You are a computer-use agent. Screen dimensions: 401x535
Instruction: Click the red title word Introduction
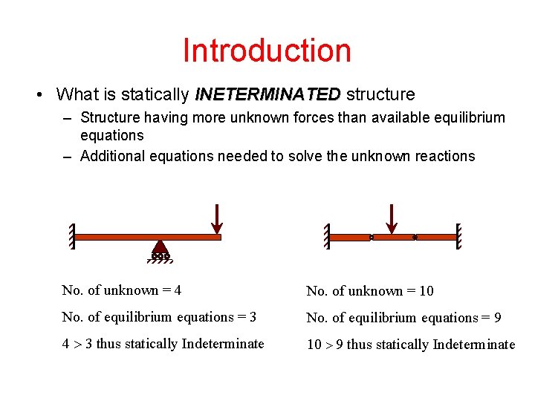[267, 50]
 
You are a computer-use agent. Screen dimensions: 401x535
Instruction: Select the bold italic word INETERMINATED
[267, 94]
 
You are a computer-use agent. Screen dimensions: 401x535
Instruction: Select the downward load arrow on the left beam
[215, 218]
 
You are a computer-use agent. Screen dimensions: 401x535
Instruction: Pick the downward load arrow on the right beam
[392, 218]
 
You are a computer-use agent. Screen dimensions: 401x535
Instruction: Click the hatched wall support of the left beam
[72, 236]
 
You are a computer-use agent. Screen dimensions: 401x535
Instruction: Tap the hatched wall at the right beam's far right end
[459, 236]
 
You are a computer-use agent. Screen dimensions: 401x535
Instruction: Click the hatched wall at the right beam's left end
[325, 236]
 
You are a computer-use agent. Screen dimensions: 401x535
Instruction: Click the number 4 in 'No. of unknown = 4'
[178, 290]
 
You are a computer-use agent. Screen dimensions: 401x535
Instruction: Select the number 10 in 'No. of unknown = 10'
[427, 291]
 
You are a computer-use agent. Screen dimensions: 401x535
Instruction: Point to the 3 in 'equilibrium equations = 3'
[253, 317]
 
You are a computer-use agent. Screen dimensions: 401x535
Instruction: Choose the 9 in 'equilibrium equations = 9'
[497, 318]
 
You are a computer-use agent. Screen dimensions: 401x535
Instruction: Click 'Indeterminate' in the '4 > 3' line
[223, 344]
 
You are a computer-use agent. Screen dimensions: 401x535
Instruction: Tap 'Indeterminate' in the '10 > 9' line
[474, 345]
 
